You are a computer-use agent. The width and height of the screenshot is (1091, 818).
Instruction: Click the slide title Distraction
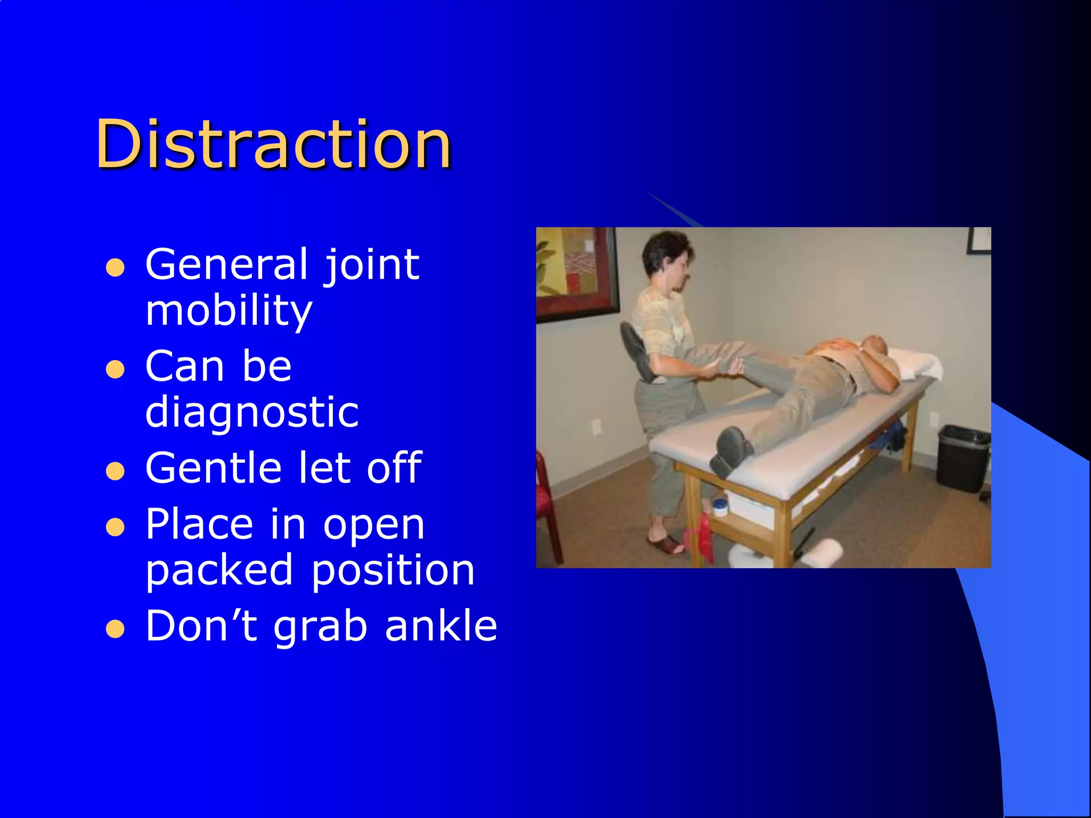click(x=273, y=145)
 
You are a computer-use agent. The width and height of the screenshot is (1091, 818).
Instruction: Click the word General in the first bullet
click(x=227, y=265)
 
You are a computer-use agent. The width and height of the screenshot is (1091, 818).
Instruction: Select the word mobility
click(x=229, y=311)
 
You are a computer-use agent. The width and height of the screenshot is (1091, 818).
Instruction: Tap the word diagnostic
click(x=252, y=412)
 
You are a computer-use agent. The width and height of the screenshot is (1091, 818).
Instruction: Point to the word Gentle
click(x=213, y=468)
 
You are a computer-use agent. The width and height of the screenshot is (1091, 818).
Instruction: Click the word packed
click(x=219, y=570)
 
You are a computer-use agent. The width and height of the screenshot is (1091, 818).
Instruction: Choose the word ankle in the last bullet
click(x=441, y=626)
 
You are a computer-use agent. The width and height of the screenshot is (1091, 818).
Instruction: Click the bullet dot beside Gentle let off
click(x=115, y=471)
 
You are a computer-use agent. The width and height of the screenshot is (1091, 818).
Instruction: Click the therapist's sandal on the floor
click(x=665, y=546)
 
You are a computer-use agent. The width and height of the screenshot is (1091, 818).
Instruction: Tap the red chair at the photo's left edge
click(x=549, y=506)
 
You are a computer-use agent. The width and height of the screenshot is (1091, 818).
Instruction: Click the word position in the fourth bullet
click(x=393, y=570)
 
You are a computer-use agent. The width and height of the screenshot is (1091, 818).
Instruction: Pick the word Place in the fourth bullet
click(x=199, y=525)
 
